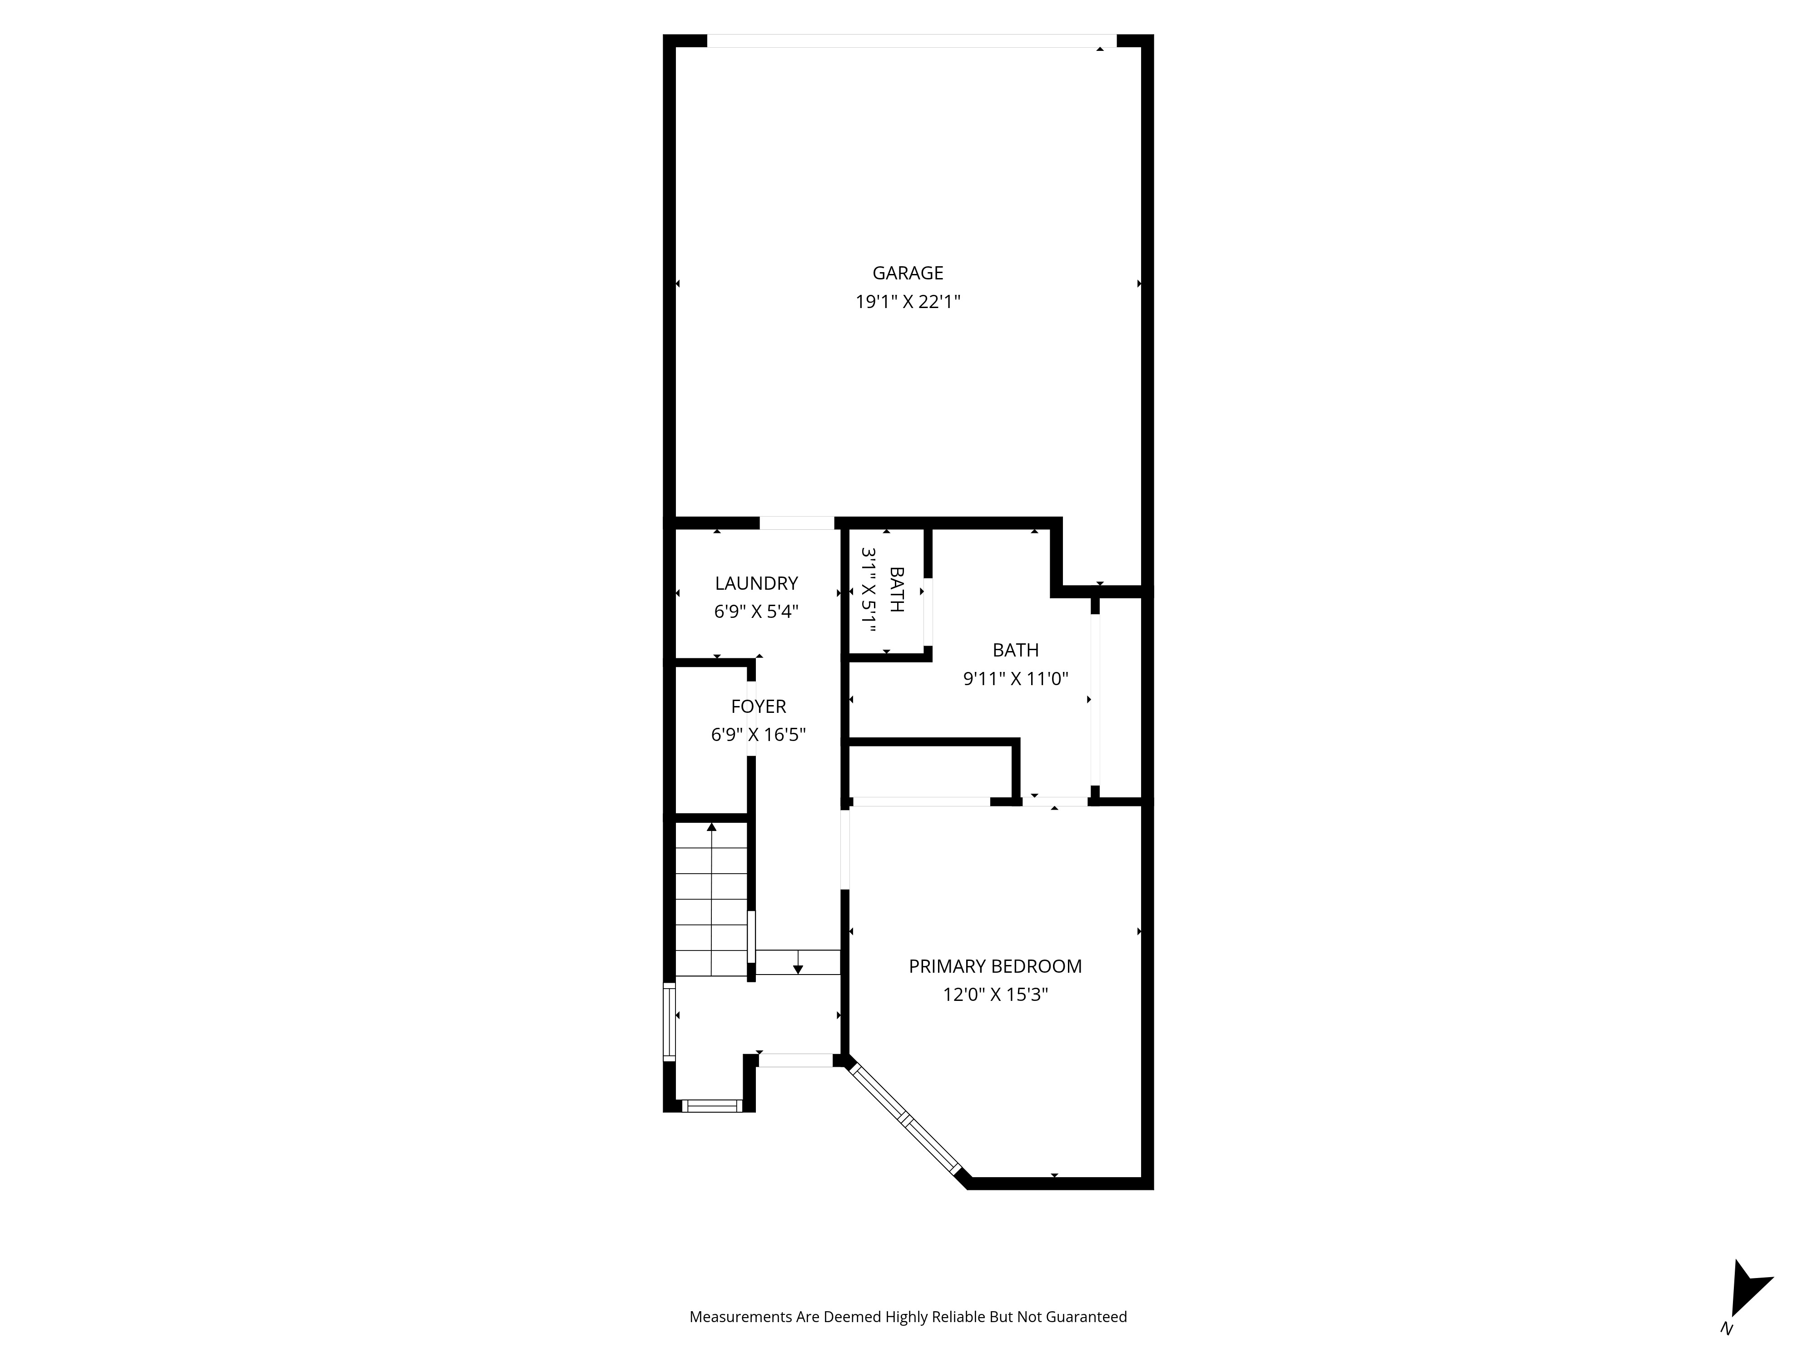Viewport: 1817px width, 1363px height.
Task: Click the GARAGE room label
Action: click(908, 273)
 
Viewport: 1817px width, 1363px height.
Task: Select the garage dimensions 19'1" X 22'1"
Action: click(908, 302)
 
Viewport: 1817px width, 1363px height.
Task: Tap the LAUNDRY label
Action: click(756, 583)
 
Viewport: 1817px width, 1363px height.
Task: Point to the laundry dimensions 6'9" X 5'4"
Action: click(756, 611)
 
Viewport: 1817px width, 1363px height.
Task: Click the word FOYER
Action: click(758, 706)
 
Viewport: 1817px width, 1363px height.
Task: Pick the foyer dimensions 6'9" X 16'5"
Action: click(758, 735)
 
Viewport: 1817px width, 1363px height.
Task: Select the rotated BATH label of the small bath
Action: click(896, 589)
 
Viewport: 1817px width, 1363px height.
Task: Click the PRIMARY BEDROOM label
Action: click(995, 966)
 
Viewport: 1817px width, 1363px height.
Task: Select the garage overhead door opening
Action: click(912, 41)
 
